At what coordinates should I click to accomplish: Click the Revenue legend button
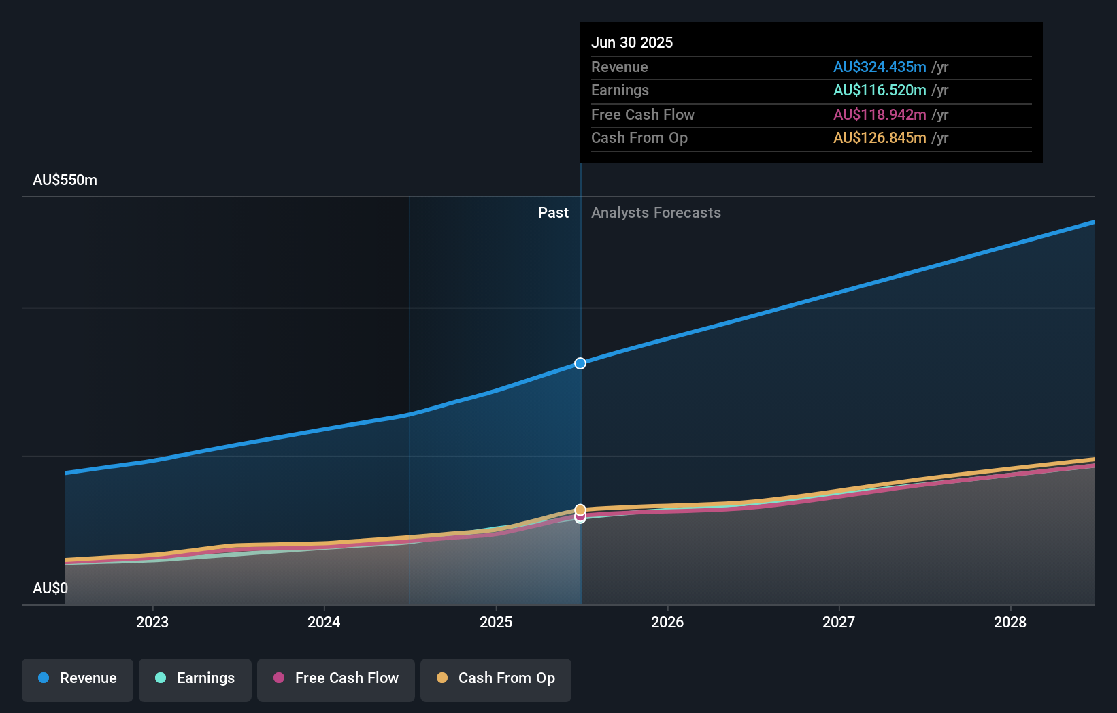(x=78, y=679)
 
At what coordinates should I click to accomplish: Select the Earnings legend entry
(x=195, y=679)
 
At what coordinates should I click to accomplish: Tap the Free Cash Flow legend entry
(x=336, y=679)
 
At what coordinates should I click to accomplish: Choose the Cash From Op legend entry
(x=496, y=679)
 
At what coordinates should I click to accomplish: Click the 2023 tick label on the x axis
(x=152, y=622)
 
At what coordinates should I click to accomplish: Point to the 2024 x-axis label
(x=324, y=622)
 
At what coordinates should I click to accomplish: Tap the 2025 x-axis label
(x=496, y=622)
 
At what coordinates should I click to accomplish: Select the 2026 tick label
(x=667, y=622)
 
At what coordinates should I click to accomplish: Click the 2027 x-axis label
(x=839, y=622)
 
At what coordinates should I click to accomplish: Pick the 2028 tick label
(x=1010, y=622)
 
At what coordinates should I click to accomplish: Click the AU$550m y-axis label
(x=65, y=180)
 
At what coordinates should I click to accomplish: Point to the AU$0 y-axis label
(x=50, y=588)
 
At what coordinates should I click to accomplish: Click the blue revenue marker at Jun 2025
(x=580, y=363)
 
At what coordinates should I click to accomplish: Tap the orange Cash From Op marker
(x=580, y=510)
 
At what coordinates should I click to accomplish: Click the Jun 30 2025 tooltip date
(x=632, y=42)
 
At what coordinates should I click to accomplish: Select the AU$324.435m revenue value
(x=880, y=67)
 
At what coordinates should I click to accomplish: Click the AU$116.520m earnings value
(x=880, y=90)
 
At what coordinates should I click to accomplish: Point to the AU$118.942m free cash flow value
(x=880, y=114)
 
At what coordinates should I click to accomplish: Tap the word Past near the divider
(x=553, y=213)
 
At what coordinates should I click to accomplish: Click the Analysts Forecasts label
(x=656, y=213)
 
